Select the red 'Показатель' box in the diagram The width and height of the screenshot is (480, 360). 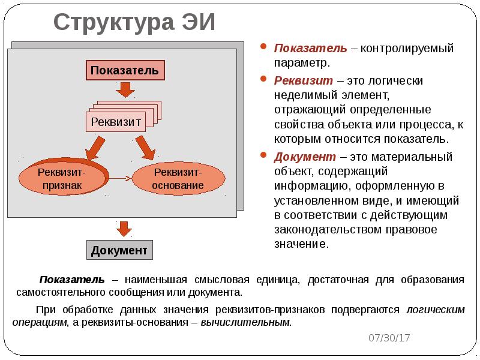[125, 70]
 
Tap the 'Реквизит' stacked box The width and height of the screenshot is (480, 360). [116, 122]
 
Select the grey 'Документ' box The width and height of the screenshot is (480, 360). [119, 250]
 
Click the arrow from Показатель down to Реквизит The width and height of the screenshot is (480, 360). [125, 89]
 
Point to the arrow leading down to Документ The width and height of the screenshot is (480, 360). [124, 229]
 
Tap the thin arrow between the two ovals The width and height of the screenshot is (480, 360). [120, 178]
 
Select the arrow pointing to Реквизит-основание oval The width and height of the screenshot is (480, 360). [146, 146]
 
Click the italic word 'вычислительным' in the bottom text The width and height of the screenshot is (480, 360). [245, 322]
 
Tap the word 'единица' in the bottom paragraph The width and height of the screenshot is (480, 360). [283, 280]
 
